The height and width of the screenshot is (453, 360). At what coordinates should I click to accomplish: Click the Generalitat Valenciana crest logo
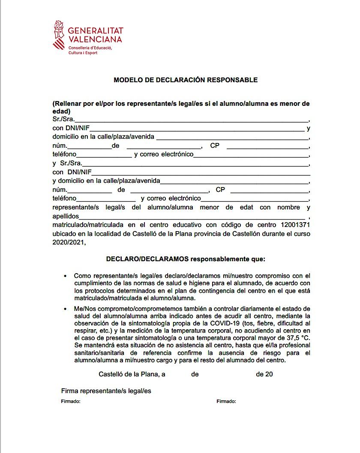tap(59, 35)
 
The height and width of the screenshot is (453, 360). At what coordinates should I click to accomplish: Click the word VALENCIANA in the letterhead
tap(95, 39)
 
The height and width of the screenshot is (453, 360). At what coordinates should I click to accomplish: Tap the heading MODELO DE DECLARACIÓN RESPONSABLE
tap(186, 80)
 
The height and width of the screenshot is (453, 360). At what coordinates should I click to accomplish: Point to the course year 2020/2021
tap(69, 242)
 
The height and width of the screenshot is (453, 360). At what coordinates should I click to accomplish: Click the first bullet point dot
tap(65, 276)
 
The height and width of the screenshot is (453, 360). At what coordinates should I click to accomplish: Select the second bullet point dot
tap(65, 309)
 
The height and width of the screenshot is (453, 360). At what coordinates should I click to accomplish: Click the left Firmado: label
tap(71, 402)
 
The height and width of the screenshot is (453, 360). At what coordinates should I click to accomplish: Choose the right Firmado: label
tap(226, 402)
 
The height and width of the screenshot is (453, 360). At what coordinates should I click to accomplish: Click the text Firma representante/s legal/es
tap(106, 391)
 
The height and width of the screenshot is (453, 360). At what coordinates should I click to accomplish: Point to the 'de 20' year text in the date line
tap(264, 374)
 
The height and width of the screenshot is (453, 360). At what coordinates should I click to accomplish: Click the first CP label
tap(215, 146)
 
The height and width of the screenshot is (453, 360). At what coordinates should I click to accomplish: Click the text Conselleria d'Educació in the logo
tap(90, 48)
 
